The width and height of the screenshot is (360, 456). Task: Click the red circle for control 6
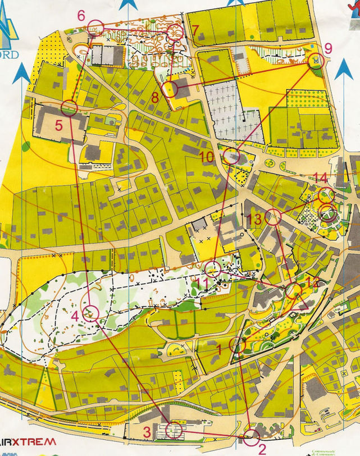point(95,28)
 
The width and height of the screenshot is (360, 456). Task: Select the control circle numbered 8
point(170,89)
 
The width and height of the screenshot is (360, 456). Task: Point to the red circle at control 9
point(316,60)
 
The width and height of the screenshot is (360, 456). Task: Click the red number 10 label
point(207,157)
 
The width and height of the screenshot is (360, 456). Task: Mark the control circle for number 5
point(69,108)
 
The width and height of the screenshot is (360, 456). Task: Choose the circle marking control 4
point(90,312)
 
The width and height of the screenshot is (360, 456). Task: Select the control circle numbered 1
point(238,345)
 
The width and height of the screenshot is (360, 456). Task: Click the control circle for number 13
point(272,217)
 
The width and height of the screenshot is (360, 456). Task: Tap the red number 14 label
point(320,178)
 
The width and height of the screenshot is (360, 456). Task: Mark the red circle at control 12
point(294,290)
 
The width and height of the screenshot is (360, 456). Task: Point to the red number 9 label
point(328,47)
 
